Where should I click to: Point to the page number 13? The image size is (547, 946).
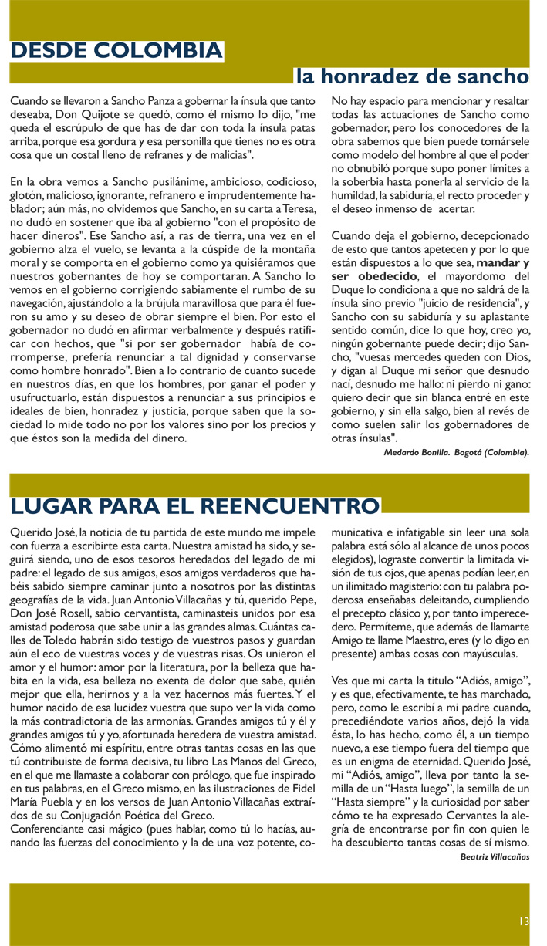[524, 921]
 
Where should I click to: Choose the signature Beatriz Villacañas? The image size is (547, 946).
[495, 856]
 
